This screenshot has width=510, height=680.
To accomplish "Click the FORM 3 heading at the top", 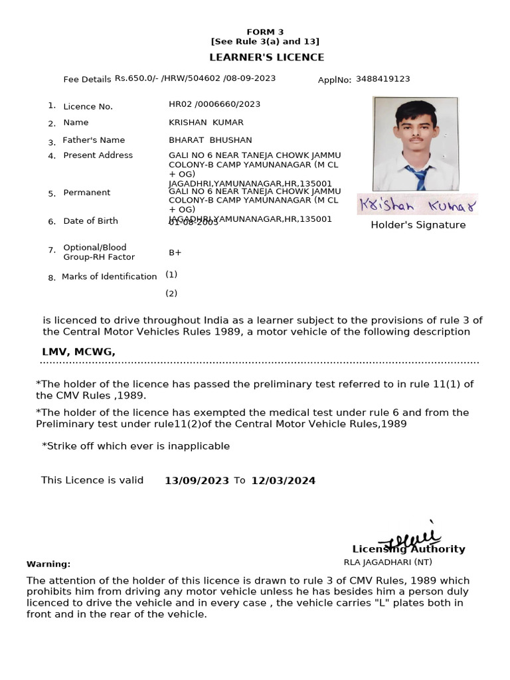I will point(264,32).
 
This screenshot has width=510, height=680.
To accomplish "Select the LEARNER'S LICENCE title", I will point(267,58).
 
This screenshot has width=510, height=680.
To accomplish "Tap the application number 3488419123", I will point(382,79).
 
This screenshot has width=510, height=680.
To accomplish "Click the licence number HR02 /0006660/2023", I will point(214,104).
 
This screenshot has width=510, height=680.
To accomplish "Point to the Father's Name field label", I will point(94,140).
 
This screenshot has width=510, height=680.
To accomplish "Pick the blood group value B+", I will point(175,253).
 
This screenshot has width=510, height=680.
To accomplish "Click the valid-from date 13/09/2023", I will point(197,481).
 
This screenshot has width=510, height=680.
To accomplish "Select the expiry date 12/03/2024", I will point(283,481).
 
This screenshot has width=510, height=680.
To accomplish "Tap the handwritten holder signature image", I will point(417,205).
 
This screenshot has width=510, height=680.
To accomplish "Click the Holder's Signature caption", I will point(418,225).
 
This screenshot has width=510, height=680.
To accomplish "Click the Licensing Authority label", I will point(408,549).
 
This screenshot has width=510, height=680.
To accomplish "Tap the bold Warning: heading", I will point(48,564).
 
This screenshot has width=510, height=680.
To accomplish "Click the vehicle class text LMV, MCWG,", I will point(78,352).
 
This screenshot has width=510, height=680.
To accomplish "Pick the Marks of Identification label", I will point(109,277).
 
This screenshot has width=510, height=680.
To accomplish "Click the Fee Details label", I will point(87,80).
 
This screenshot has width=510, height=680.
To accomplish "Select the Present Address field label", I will point(98,155).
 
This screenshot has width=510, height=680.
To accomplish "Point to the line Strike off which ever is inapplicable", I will point(135,446).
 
